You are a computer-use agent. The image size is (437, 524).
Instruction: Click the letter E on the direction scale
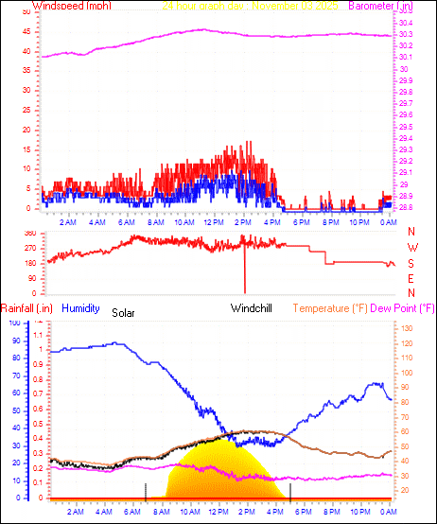(411, 279)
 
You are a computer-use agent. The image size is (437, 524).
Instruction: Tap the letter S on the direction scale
(411, 264)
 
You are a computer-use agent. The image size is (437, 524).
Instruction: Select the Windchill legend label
(253, 308)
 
